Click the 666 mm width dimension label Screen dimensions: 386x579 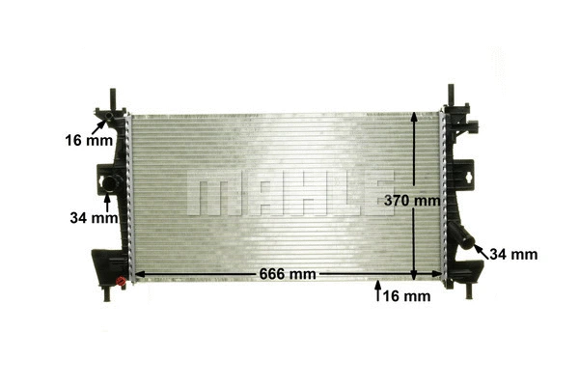pyautogui.click(x=288, y=274)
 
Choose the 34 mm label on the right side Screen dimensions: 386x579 pyautogui.click(x=513, y=255)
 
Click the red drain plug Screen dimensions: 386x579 pyautogui.click(x=121, y=282)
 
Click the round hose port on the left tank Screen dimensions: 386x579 pyautogui.click(x=108, y=182)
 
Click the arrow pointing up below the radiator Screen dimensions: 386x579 pyautogui.click(x=377, y=292)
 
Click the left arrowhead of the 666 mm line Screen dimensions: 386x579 pyautogui.click(x=135, y=274)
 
